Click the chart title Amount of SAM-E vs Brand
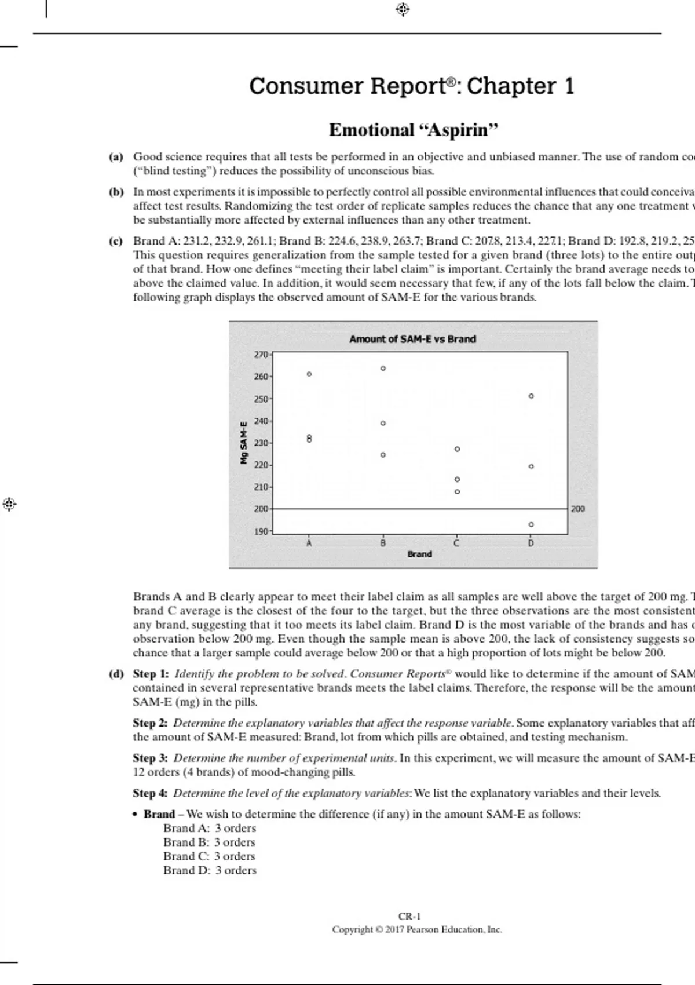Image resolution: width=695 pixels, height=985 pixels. [x=412, y=339]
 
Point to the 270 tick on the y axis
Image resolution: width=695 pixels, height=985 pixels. [x=261, y=354]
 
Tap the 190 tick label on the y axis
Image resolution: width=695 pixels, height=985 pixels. [x=261, y=531]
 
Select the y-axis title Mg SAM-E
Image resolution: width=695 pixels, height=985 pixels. [x=244, y=442]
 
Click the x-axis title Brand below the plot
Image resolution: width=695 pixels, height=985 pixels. [x=419, y=554]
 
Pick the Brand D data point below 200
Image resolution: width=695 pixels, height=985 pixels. [x=531, y=524]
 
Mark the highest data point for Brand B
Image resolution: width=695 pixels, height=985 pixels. [x=383, y=369]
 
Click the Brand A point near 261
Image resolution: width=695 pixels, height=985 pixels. [x=309, y=374]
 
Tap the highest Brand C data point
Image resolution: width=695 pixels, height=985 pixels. [x=457, y=449]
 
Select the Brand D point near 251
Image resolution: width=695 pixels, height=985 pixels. [x=531, y=396]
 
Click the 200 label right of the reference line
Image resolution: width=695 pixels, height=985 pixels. [x=578, y=509]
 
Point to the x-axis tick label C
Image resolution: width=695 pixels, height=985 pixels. [x=456, y=543]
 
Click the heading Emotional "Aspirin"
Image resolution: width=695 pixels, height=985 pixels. [x=413, y=130]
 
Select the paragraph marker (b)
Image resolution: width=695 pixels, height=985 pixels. [x=116, y=192]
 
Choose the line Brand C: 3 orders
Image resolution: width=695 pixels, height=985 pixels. [x=209, y=856]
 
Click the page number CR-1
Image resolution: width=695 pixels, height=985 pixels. [x=409, y=916]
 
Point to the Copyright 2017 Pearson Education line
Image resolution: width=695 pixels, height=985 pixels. [x=417, y=929]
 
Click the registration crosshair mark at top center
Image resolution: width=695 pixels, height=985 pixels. [x=403, y=9]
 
